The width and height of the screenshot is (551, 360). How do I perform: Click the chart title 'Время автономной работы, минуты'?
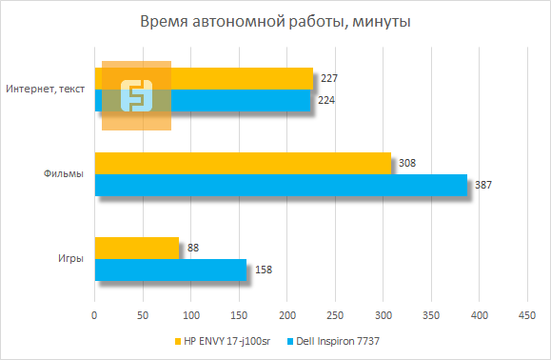(x=275, y=21)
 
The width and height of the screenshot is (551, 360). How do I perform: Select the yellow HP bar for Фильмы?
(x=243, y=163)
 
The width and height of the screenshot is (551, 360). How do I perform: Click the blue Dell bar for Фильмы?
(x=281, y=185)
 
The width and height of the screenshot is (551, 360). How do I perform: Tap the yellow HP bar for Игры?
(x=137, y=248)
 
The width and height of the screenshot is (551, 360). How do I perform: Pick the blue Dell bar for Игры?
(x=170, y=270)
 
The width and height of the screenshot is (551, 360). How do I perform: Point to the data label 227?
(x=330, y=78)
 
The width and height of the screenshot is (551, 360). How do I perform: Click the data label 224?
(x=326, y=100)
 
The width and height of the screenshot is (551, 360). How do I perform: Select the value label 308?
(x=408, y=163)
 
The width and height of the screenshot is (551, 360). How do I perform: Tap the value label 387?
(x=483, y=185)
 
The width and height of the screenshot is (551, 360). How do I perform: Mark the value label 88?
(x=194, y=248)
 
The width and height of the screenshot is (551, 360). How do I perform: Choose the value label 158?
(x=265, y=270)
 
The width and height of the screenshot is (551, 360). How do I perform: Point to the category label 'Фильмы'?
(x=63, y=174)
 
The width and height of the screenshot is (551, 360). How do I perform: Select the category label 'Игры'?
(x=69, y=258)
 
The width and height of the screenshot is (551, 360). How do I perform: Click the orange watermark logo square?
(x=137, y=95)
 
